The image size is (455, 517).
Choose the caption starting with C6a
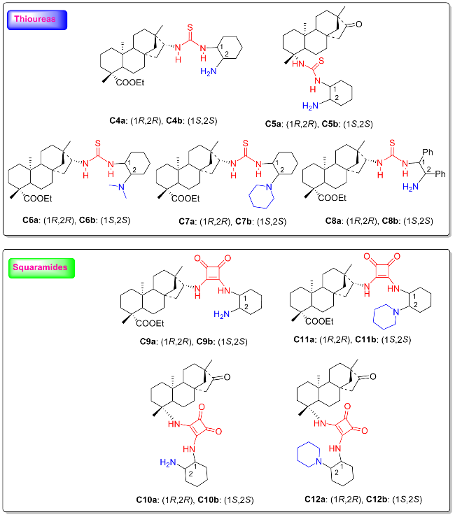[76, 220]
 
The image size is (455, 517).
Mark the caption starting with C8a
[379, 220]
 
